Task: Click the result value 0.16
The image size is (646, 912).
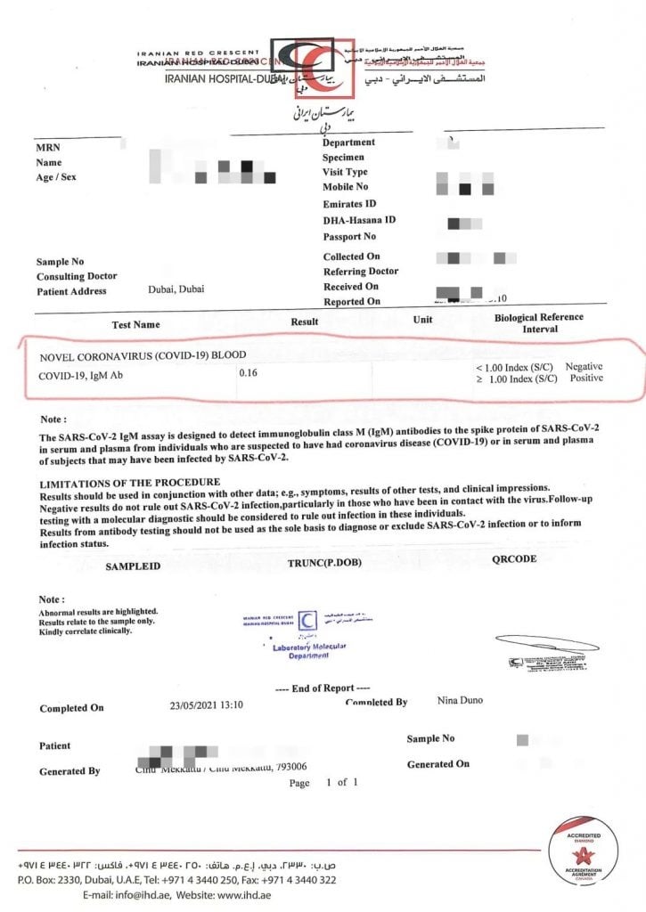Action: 248,374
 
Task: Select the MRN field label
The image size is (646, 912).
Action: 48,148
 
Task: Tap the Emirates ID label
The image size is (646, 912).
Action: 349,204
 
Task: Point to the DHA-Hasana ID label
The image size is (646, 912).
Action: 359,220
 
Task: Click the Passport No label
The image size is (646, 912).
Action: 349,237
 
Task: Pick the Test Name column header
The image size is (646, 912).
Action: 136,324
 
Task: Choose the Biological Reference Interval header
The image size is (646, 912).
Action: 538,322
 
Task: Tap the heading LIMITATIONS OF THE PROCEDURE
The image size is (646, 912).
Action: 129,482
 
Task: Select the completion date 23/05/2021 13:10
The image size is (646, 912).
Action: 206,704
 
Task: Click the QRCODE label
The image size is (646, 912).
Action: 514,558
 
